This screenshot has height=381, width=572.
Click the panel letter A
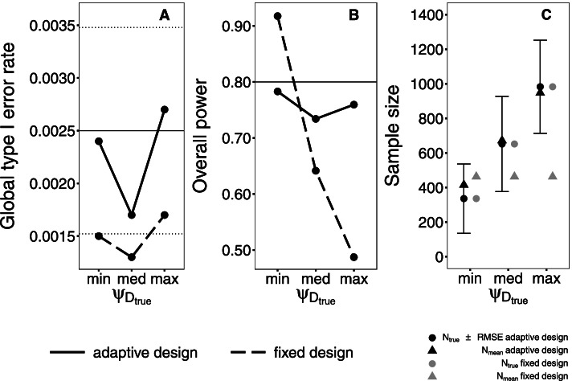coord(165,15)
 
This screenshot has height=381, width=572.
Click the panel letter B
coord(353,15)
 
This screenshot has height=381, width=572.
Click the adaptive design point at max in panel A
coord(164,109)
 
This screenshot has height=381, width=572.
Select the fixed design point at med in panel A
coord(131,256)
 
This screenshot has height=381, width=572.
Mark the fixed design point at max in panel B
coord(354,257)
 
